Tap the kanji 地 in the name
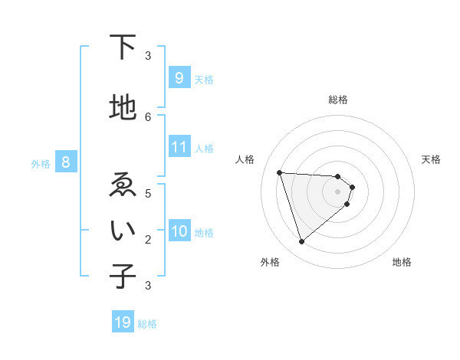[x=123, y=108]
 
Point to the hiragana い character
[x=123, y=231]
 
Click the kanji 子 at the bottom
[x=123, y=277]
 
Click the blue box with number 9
[x=179, y=78]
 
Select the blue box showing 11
[x=179, y=147]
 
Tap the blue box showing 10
[x=179, y=231]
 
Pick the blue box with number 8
[x=65, y=162]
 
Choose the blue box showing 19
[x=123, y=322]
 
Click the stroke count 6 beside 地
[x=148, y=116]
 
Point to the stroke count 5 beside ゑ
[x=148, y=194]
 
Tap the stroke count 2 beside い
[x=148, y=240]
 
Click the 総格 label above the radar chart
[x=338, y=100]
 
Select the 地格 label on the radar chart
[x=402, y=263]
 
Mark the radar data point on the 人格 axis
[x=280, y=172]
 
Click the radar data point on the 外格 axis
[x=301, y=242]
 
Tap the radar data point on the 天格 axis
[x=352, y=187]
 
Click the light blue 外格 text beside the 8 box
[x=40, y=163]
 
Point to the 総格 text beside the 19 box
[x=147, y=324]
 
